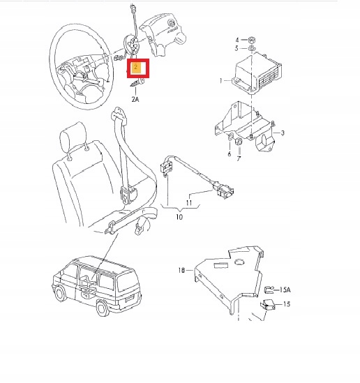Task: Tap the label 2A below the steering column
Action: [x=135, y=100]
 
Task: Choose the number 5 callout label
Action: [x=237, y=48]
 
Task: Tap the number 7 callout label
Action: [x=238, y=160]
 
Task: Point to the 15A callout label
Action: [x=285, y=289]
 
